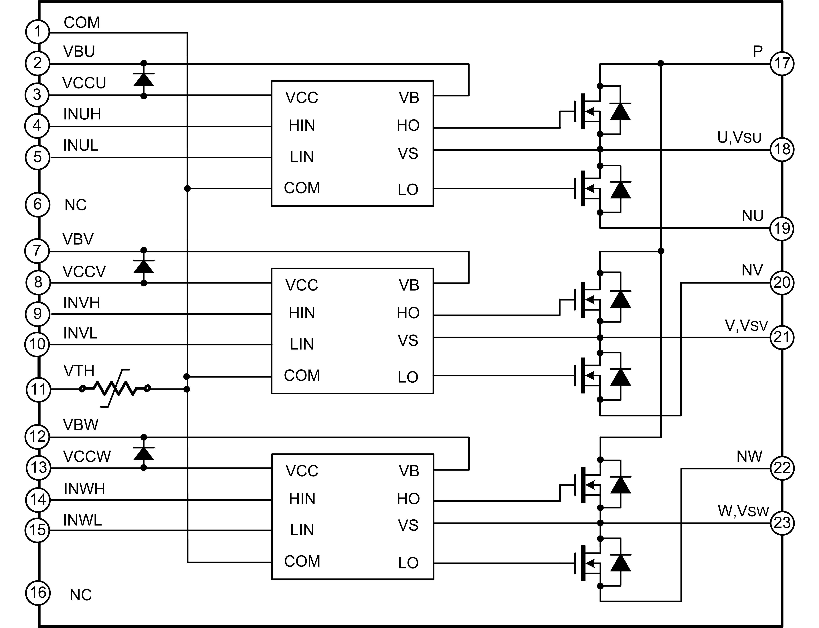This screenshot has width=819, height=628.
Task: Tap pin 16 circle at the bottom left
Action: point(38,593)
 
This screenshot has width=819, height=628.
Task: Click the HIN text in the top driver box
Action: point(302,126)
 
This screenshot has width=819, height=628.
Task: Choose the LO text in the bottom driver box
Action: point(408,563)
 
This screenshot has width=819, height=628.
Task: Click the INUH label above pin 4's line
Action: point(82,114)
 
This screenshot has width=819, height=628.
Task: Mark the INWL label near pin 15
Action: point(82,520)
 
